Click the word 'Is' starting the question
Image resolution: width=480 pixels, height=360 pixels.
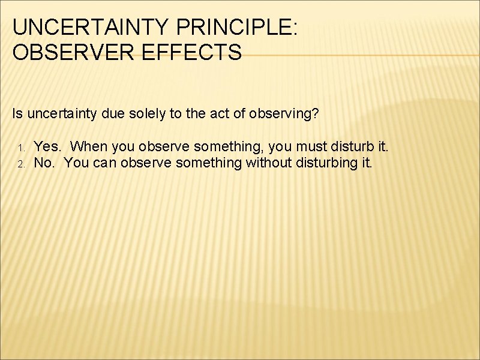pyautogui.click(x=17, y=113)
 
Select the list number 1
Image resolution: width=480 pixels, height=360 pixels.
pyautogui.click(x=20, y=148)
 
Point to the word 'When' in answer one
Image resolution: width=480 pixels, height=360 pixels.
pyautogui.click(x=87, y=146)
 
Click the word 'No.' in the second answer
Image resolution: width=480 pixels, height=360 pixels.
pyautogui.click(x=44, y=163)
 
